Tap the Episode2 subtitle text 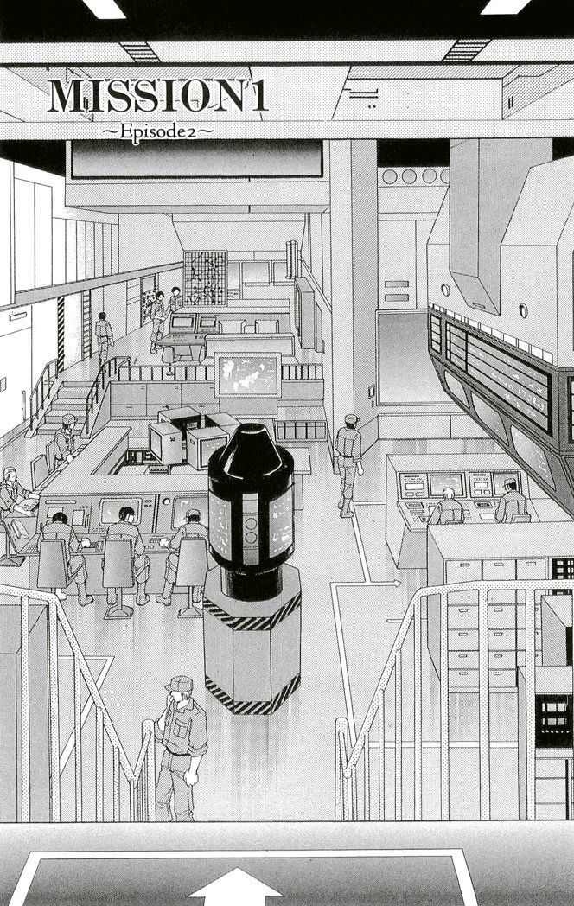(158, 131)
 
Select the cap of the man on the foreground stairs (179, 684)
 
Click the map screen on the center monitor (248, 374)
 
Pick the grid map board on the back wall (205, 278)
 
